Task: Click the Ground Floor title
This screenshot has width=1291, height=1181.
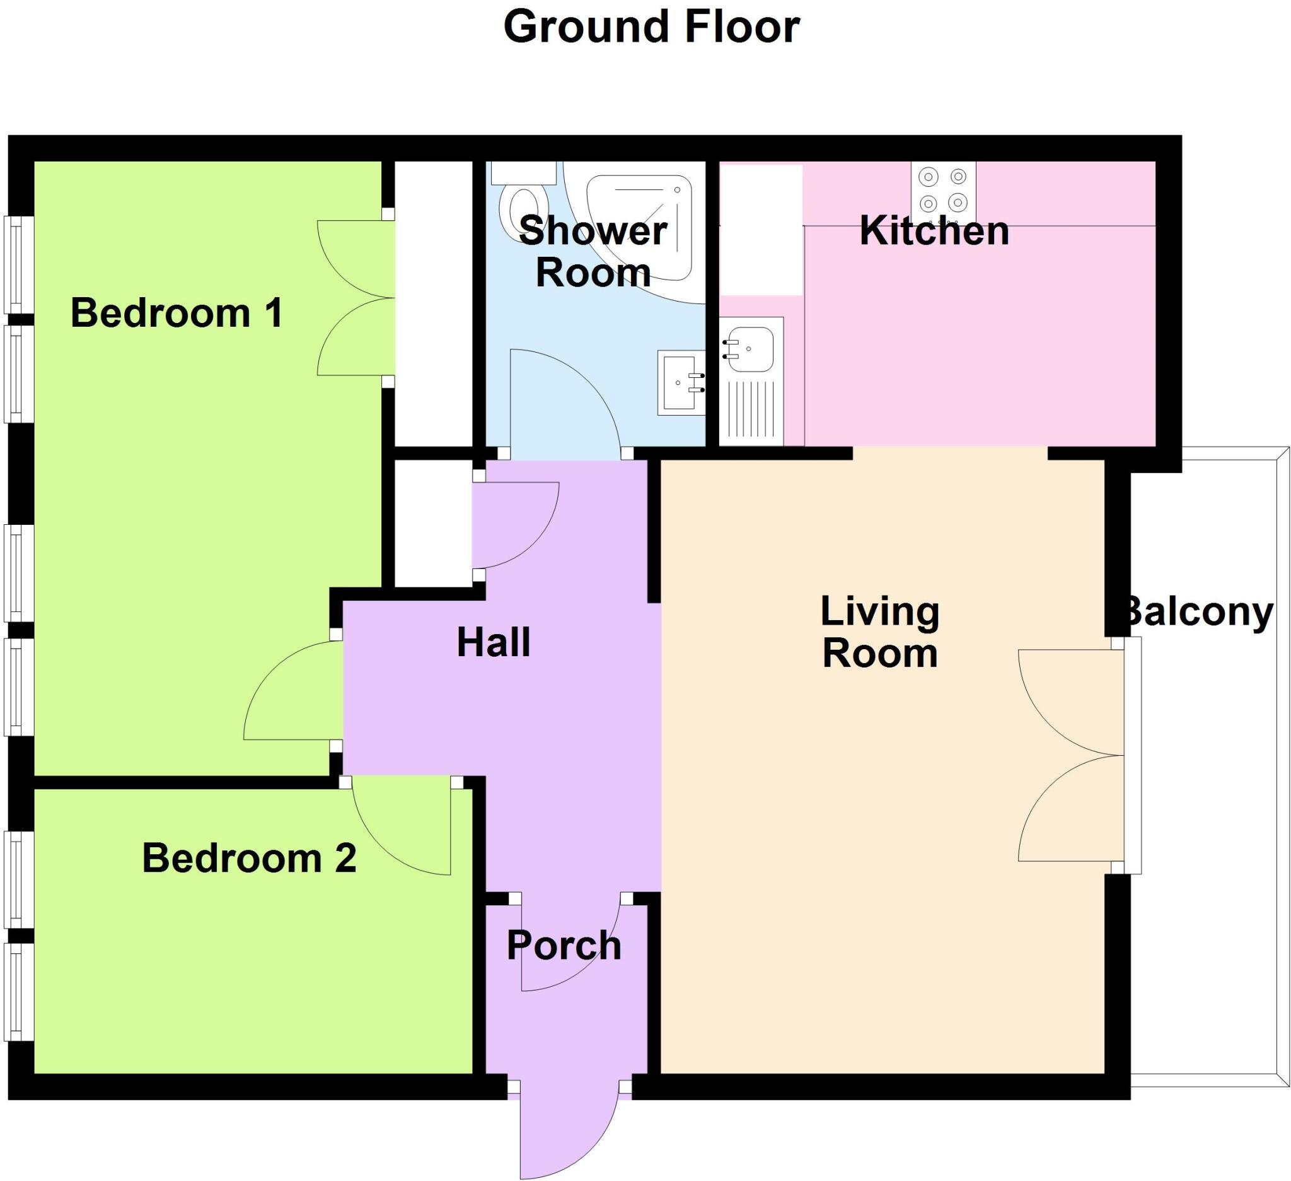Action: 651,28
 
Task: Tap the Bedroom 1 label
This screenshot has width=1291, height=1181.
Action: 176,314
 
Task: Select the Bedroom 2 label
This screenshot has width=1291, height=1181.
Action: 248,858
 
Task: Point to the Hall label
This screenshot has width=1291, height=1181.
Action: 493,643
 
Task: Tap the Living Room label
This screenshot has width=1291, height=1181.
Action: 880,633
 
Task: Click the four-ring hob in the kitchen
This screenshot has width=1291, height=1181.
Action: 943,190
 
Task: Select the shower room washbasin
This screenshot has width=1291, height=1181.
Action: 681,383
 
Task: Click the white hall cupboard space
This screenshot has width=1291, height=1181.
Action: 433,523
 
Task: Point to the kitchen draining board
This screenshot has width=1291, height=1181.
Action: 752,410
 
